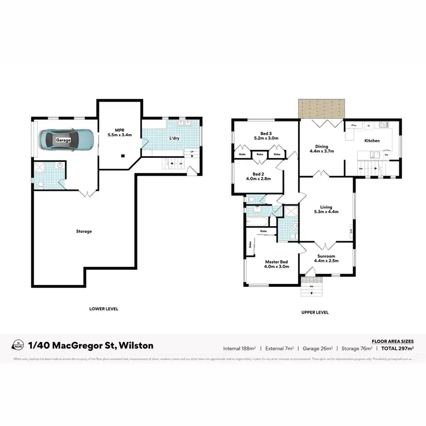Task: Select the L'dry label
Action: point(174,138)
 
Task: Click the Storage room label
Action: point(83,231)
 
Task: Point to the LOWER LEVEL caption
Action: point(103,309)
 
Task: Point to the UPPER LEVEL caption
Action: point(315,312)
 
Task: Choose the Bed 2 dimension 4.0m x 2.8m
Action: point(258,178)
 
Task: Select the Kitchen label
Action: point(372,140)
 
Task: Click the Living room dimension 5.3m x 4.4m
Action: point(326,212)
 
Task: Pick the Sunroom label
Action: point(326,256)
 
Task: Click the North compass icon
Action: point(19,345)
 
